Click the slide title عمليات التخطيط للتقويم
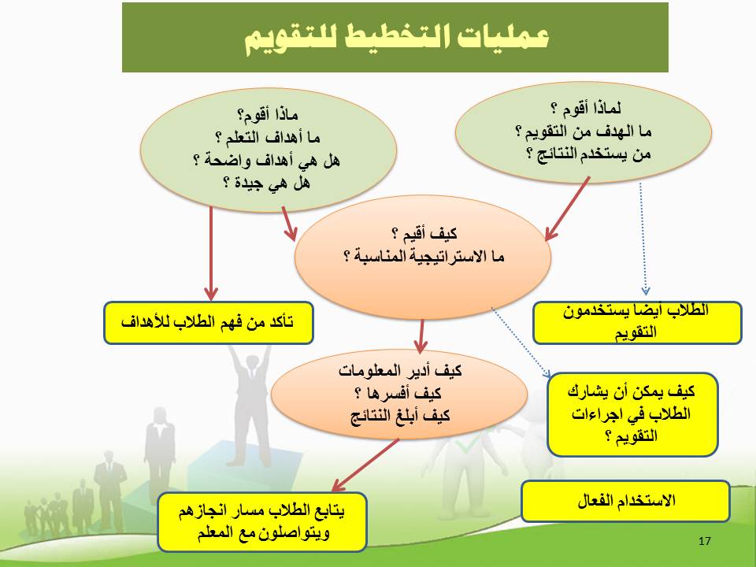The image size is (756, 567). click(x=397, y=38)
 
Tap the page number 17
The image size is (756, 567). click(x=704, y=541)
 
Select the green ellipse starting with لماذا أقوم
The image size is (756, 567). click(x=584, y=132)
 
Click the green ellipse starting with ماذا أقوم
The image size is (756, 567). click(x=268, y=150)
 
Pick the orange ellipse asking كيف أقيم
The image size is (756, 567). click(x=422, y=257)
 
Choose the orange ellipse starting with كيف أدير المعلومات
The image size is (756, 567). click(x=399, y=394)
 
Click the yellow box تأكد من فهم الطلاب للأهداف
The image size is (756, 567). click(x=208, y=323)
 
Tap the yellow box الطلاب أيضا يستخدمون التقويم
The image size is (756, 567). click(x=637, y=323)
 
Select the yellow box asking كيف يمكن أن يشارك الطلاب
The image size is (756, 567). click(x=632, y=414)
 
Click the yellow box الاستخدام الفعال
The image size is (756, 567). click(x=626, y=501)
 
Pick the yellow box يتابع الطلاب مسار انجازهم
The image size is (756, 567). click(x=261, y=521)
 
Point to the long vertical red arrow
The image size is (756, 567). click(x=211, y=254)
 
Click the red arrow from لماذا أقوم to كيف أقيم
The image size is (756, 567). click(x=568, y=208)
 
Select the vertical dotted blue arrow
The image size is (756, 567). click(x=643, y=239)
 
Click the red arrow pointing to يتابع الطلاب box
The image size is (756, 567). click(x=365, y=465)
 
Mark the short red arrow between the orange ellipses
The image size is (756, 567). click(x=421, y=336)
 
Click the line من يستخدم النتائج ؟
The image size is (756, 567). click(x=588, y=154)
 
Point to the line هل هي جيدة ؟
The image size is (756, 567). click(x=267, y=183)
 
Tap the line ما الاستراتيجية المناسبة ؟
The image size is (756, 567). click(x=424, y=257)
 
